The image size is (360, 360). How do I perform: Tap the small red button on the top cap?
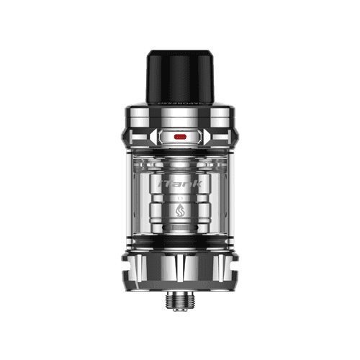click(x=180, y=135)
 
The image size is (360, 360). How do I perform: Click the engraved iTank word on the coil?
click(x=180, y=185)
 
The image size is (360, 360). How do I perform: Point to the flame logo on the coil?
click(x=180, y=211)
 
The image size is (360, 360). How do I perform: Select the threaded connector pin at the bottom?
click(x=180, y=297)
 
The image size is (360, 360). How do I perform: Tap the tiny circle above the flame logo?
click(x=180, y=198)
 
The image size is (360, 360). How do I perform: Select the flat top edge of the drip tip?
click(x=180, y=50)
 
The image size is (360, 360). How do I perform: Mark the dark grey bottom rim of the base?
click(x=180, y=286)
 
